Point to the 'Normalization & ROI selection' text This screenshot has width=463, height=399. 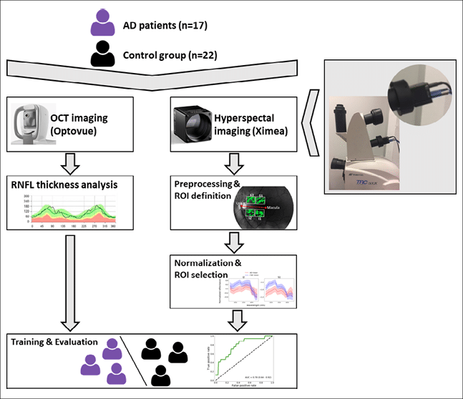tap(203, 269)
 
